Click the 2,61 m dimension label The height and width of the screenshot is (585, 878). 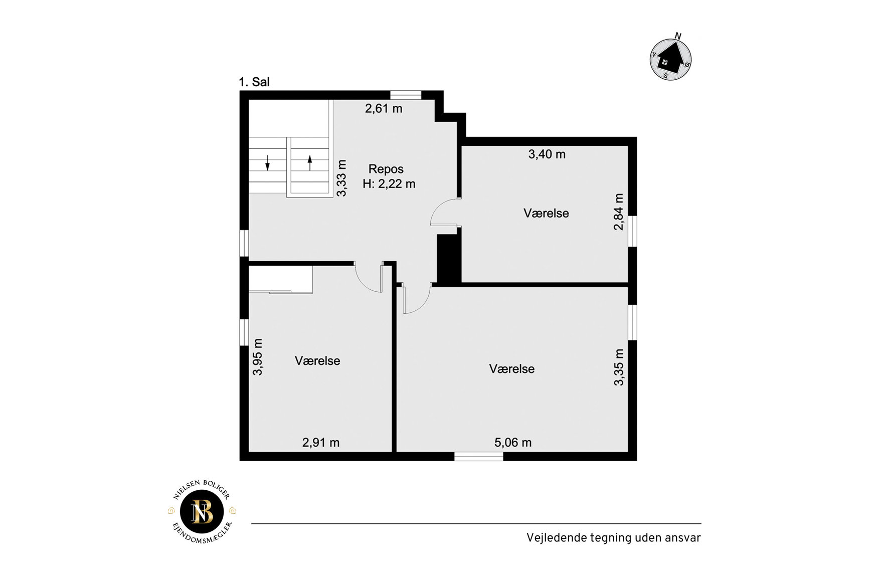[x=384, y=109]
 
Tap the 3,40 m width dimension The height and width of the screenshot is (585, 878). [x=547, y=154]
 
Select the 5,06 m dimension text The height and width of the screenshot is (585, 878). [x=513, y=443]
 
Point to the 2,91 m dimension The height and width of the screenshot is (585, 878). [x=321, y=443]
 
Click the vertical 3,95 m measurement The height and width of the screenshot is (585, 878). [x=258, y=357]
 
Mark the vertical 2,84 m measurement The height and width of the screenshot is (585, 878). [x=619, y=212]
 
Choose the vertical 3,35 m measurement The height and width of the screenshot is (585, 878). [x=619, y=367]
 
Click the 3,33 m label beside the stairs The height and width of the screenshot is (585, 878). [x=341, y=178]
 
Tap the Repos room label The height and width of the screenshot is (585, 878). [x=386, y=169]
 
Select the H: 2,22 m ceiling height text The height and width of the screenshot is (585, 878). [x=389, y=184]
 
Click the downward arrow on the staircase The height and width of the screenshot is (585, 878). [x=268, y=162]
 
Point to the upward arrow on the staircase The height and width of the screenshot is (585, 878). [x=310, y=162]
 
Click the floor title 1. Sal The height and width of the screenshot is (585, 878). [x=254, y=82]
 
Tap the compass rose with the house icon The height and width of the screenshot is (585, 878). [x=671, y=58]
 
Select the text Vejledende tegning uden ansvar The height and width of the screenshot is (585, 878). [x=613, y=538]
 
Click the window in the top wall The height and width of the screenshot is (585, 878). [x=406, y=95]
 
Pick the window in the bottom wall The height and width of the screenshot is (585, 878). [x=479, y=457]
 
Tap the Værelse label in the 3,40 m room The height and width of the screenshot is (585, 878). [x=546, y=214]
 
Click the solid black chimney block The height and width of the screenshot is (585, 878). [x=449, y=259]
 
